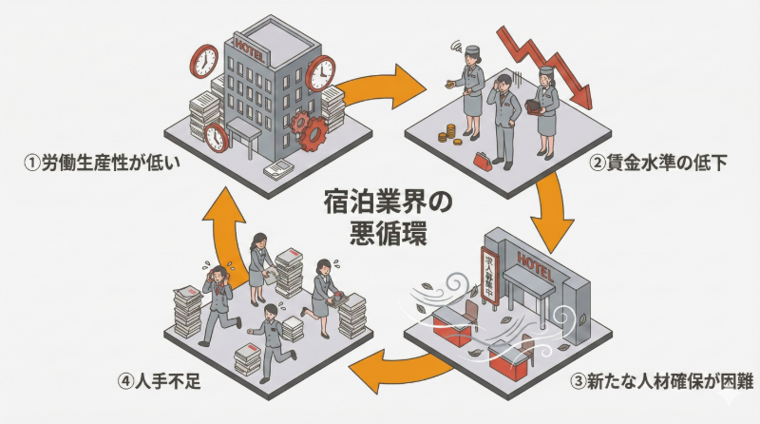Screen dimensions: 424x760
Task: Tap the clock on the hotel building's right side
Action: [x=321, y=71]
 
